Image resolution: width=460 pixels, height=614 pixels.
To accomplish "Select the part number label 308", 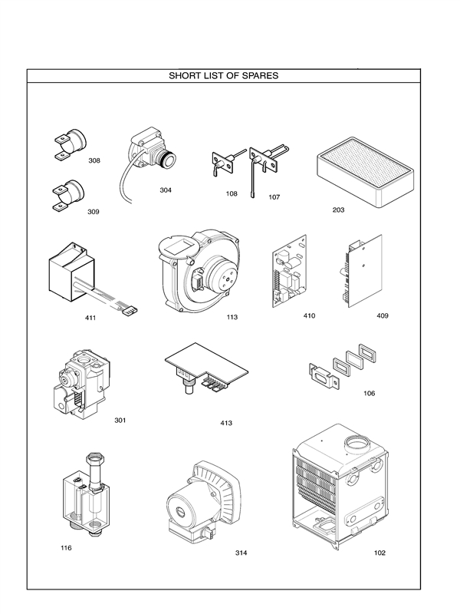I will (94, 160).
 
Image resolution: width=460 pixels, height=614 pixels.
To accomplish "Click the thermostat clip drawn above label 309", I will (67, 191).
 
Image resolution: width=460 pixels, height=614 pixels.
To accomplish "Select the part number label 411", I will (90, 317).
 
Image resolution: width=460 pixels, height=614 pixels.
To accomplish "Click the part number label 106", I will (369, 394).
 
